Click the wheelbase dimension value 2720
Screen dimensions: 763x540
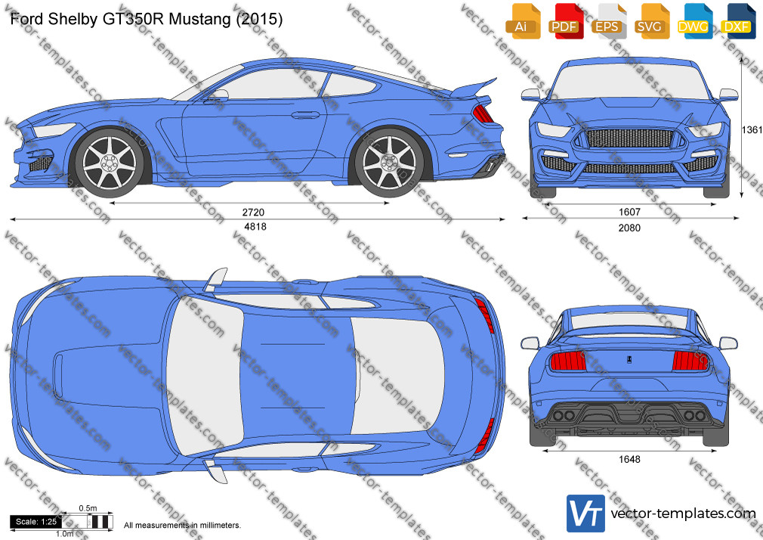click(x=253, y=212)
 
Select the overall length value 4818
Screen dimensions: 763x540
click(x=255, y=227)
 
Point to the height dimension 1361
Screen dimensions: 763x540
click(x=752, y=129)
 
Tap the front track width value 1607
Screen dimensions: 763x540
click(x=629, y=212)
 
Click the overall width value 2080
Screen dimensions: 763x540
click(x=629, y=228)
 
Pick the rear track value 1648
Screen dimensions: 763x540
click(x=629, y=459)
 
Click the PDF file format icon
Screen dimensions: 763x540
click(x=564, y=21)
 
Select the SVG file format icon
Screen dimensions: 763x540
click(x=650, y=21)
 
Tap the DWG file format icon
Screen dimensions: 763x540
click(x=693, y=21)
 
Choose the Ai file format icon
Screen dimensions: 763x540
click(x=521, y=21)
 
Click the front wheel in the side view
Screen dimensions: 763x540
click(x=110, y=163)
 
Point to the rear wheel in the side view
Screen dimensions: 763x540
click(x=389, y=163)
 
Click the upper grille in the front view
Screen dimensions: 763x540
click(x=630, y=138)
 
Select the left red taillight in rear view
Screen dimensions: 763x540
click(x=567, y=362)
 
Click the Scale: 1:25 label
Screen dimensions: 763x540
click(x=36, y=522)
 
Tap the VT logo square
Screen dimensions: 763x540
click(x=586, y=514)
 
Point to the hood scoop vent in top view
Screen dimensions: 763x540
click(x=58, y=375)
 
